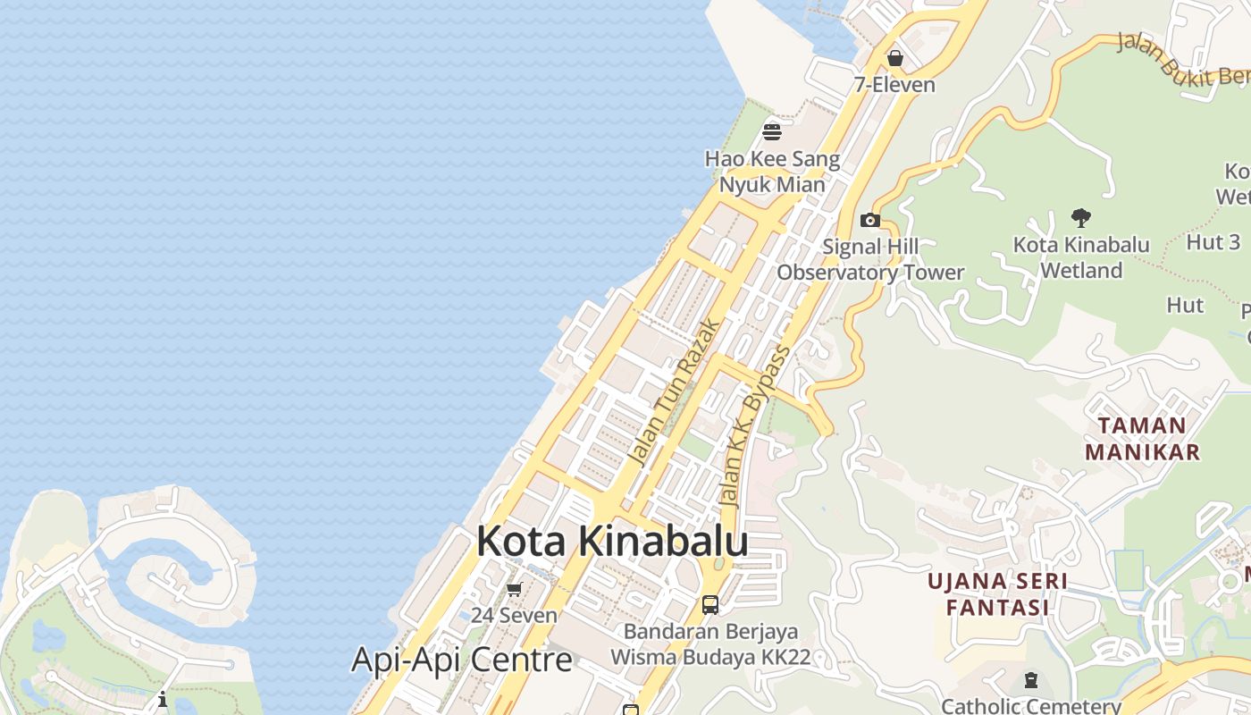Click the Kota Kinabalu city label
point(612,542)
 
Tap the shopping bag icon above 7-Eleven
point(894,59)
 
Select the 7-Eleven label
point(894,85)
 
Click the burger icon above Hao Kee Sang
point(772,132)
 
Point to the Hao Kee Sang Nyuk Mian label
point(773,172)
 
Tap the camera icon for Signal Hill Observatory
point(869,220)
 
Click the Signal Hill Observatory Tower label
point(870,260)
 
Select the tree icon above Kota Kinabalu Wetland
point(1081,217)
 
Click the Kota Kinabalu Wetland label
point(1081,257)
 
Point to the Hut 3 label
point(1213,241)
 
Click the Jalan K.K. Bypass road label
point(756,425)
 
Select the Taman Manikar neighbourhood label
point(1142,439)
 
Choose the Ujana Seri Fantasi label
point(997,594)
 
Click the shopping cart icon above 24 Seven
point(514,589)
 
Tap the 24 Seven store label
point(514,616)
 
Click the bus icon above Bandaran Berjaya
point(710,605)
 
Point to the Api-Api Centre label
point(461,660)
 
